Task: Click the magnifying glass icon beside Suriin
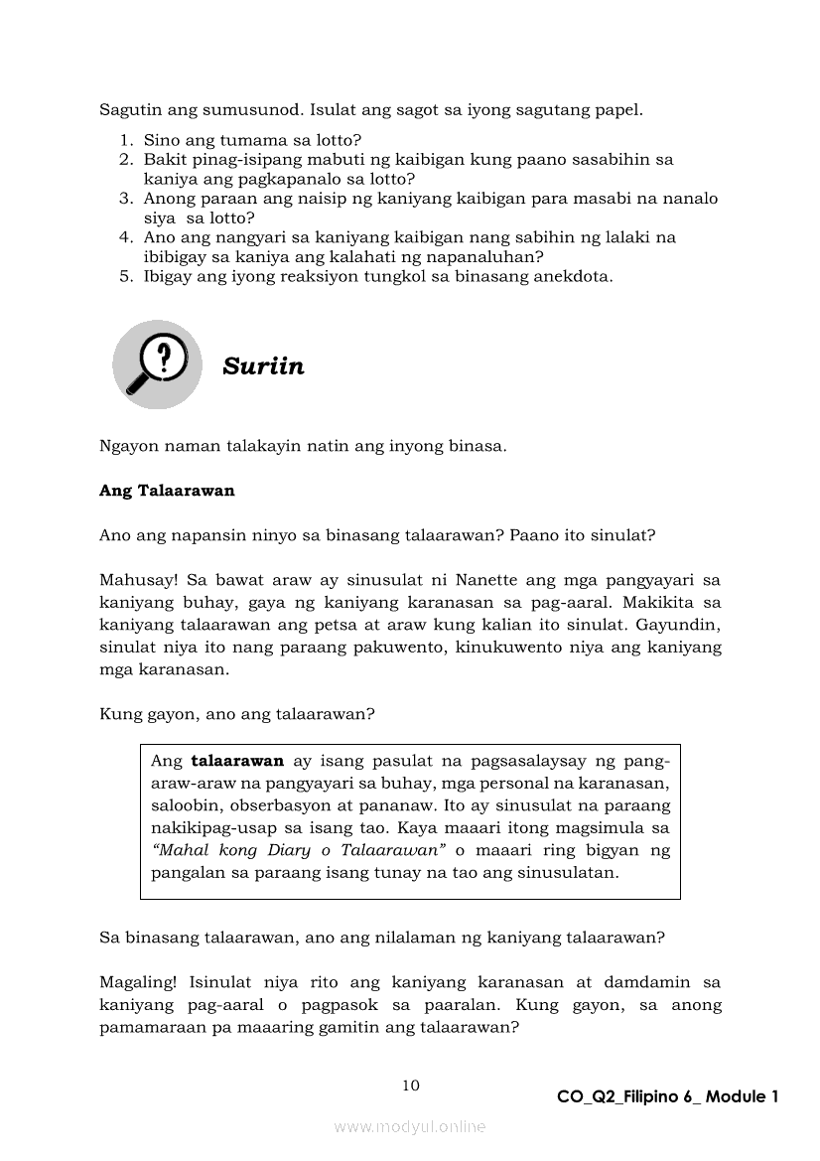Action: click(157, 363)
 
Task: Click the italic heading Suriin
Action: click(263, 366)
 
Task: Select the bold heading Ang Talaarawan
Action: click(167, 491)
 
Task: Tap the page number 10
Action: click(410, 1085)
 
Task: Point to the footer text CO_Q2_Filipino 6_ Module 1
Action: click(667, 1096)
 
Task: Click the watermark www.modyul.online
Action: click(410, 1127)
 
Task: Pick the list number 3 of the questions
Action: click(126, 199)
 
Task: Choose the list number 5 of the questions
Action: click(126, 276)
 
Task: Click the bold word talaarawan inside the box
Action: click(237, 762)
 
